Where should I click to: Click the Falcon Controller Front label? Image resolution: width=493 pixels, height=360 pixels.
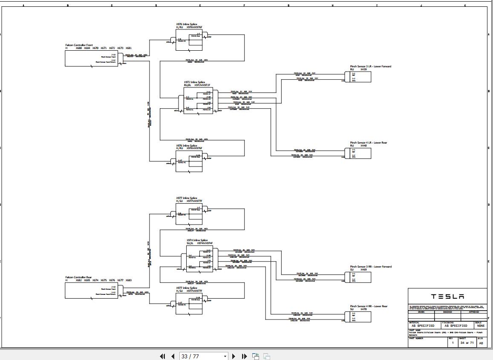pos(79,45)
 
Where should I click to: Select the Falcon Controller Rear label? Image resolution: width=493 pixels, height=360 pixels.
pos(78,277)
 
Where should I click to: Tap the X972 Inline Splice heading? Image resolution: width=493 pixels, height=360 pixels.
pos(194,82)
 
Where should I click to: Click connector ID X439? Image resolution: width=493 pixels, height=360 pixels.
pos(363,69)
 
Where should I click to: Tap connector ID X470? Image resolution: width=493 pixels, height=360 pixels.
pos(363,309)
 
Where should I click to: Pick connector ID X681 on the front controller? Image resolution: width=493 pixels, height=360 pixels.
pos(128,48)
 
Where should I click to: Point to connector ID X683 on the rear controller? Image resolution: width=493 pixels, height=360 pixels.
pos(128,280)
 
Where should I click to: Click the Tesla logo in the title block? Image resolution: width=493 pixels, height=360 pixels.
pos(447,297)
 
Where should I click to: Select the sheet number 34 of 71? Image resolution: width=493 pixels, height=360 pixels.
pos(467,343)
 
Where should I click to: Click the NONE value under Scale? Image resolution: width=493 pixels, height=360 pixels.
pos(481,325)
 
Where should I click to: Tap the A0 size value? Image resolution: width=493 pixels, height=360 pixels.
pos(481,343)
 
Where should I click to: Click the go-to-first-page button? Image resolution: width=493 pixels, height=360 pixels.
pos(162,356)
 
